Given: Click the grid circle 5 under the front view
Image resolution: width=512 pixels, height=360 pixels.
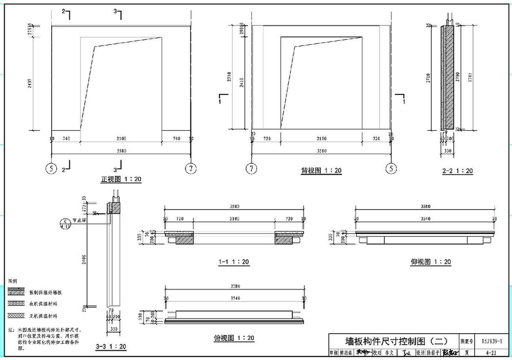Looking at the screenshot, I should (52, 168).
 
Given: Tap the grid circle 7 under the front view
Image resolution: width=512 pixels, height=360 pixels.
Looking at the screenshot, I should (191, 168).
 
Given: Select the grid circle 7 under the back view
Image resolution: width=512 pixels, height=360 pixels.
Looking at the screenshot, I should (251, 168).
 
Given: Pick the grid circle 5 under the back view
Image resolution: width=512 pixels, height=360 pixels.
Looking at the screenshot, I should (390, 168).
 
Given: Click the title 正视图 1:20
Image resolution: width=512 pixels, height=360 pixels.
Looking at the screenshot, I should (121, 179).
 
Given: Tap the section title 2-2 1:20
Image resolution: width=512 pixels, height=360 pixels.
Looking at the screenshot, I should (457, 171).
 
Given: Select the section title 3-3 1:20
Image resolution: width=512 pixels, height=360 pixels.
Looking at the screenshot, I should (111, 346).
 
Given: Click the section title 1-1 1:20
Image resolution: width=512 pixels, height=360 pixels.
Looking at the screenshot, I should (233, 262).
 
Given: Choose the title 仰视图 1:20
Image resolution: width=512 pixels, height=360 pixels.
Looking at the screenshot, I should (431, 262).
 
